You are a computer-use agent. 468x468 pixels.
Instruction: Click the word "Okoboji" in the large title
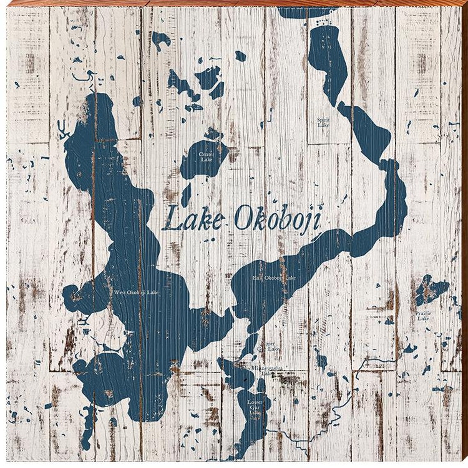(x=276, y=219)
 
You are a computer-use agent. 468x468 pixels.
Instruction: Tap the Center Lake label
(x=206, y=157)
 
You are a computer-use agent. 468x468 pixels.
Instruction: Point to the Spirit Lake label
(x=323, y=122)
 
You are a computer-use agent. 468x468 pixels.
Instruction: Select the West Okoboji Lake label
(x=136, y=292)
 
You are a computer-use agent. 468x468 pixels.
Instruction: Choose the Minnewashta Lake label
(x=267, y=371)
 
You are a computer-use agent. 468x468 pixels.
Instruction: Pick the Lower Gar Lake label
(x=255, y=405)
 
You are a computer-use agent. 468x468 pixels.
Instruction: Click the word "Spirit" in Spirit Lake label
(x=323, y=120)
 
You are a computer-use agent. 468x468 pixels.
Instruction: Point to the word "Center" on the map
(x=206, y=154)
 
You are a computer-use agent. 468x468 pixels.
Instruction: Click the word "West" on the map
(x=120, y=292)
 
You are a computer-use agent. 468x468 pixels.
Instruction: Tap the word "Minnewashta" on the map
(x=267, y=369)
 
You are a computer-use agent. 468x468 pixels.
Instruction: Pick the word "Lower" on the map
(x=255, y=402)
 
